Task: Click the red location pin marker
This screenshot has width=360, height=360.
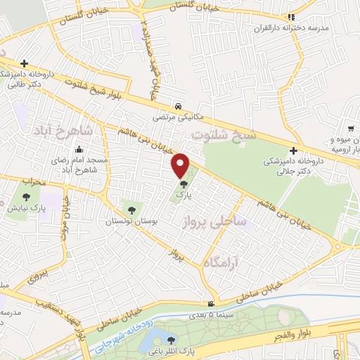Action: click(181, 165)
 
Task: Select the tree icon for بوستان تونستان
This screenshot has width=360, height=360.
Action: click(130, 210)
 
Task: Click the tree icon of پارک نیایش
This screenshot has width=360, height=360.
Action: click(26, 198)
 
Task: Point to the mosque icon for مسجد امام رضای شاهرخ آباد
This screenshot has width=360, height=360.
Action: click(78, 149)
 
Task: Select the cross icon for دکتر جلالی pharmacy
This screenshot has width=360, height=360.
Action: click(293, 150)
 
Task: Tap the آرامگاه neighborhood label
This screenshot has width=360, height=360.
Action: click(223, 262)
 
